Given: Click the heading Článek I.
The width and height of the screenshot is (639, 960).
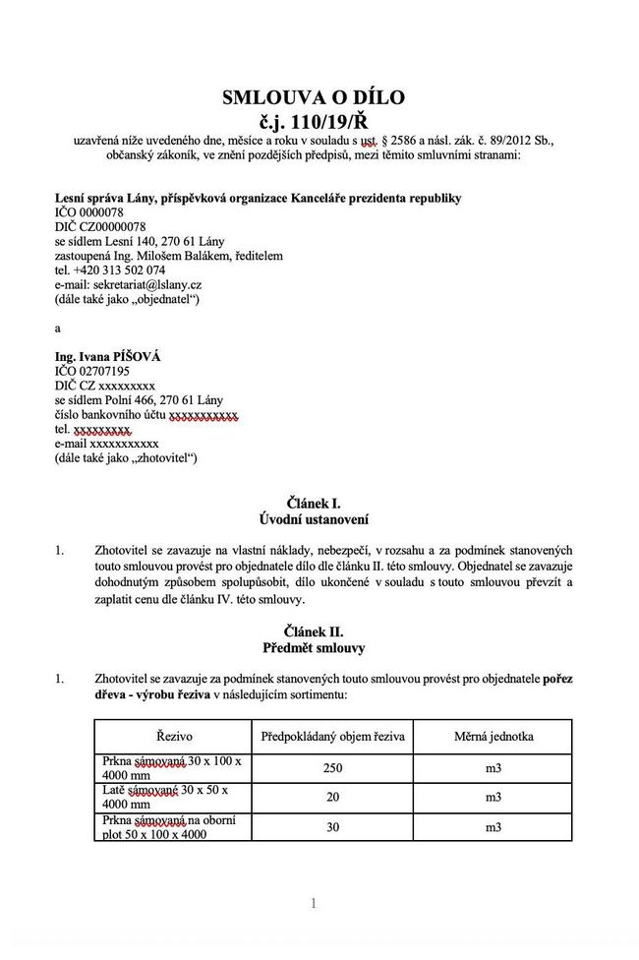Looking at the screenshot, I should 313,503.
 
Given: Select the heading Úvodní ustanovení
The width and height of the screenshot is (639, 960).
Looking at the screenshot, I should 313,518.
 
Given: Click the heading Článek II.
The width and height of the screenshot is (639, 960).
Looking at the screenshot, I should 313,630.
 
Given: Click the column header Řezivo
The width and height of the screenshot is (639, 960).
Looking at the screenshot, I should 174,736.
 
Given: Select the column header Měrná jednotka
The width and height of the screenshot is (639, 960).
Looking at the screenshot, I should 493,736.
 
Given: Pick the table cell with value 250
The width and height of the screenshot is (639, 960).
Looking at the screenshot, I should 332,768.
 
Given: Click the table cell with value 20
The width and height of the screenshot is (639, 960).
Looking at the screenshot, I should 332,798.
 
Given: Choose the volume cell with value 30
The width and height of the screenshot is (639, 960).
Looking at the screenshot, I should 332,827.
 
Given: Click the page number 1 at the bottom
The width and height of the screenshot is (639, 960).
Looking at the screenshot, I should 313,904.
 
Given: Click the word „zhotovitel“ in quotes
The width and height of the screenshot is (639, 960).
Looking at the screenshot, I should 164,457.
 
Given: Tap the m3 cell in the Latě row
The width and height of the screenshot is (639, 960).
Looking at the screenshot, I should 493,798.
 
